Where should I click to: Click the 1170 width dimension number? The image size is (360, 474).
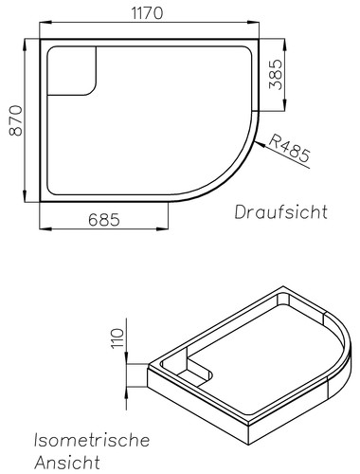click(147, 13)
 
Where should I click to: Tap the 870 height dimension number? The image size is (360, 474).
click(16, 120)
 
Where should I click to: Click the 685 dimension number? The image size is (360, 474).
click(104, 220)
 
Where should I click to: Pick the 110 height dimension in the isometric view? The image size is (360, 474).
click(117, 338)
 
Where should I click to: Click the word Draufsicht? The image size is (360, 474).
click(280, 212)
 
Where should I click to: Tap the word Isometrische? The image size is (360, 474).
click(92, 440)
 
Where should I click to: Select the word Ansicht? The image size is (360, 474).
click(67, 463)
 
